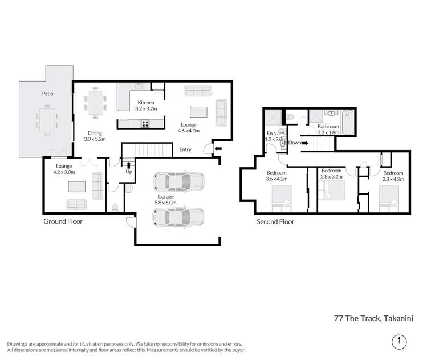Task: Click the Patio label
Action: [48, 94]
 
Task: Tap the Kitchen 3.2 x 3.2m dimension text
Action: [146, 108]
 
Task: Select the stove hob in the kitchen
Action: [145, 124]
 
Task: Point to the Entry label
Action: [185, 149]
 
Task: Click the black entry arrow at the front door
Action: [218, 149]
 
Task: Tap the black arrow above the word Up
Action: [128, 165]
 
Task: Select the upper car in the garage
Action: [178, 181]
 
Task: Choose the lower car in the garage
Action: [178, 217]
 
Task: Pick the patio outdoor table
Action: [47, 120]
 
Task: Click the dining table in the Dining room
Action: [95, 103]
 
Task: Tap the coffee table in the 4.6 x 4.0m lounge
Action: [198, 112]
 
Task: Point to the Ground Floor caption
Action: [63, 221]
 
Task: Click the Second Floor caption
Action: [275, 222]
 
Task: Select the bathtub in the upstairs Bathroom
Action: [348, 122]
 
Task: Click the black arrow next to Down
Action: [305, 143]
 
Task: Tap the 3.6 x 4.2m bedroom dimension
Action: [276, 179]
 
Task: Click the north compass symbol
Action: [399, 342]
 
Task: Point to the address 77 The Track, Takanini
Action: [373, 318]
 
